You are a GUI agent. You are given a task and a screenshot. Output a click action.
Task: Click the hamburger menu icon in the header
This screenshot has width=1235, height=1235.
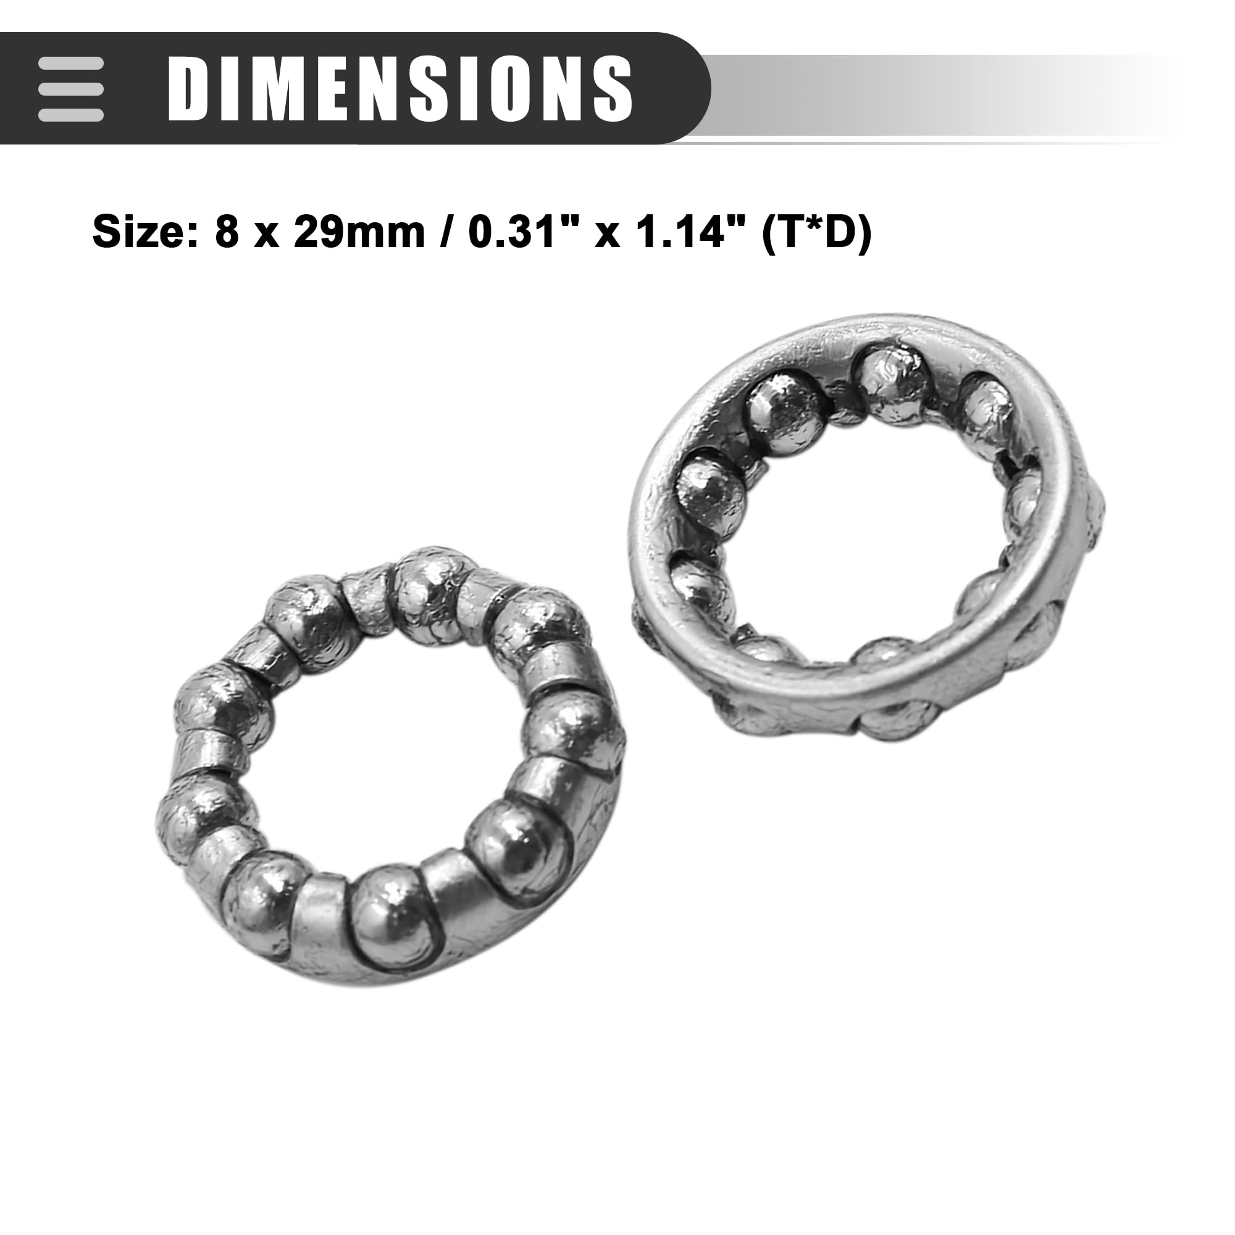[70, 89]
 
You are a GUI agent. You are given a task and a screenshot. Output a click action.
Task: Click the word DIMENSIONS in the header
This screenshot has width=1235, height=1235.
[400, 88]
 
